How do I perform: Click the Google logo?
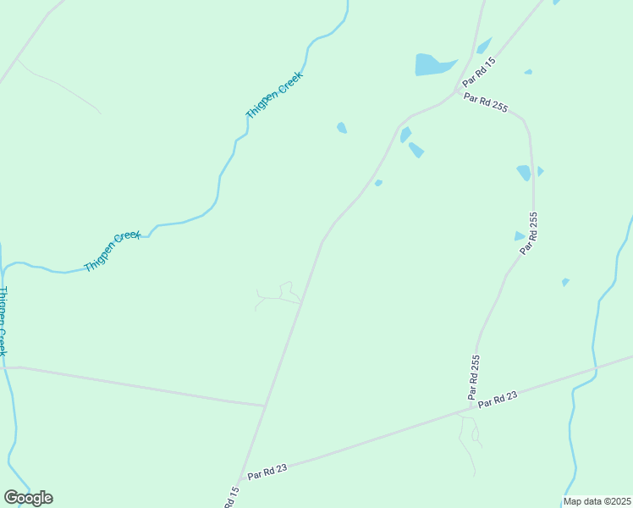click(28, 498)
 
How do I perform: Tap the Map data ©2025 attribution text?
click(597, 501)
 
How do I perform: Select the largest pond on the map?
click(433, 64)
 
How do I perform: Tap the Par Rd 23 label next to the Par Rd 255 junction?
click(497, 400)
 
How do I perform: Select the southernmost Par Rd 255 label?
click(474, 377)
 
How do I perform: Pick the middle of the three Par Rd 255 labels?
click(529, 235)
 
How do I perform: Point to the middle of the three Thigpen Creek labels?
click(113, 251)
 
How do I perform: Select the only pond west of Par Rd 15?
click(341, 128)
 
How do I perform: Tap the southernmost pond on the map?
click(564, 282)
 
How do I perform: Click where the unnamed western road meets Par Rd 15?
click(266, 406)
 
